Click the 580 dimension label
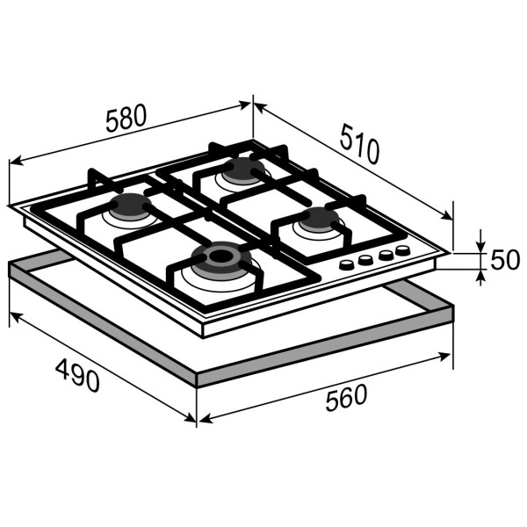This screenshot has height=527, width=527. pos(126,118)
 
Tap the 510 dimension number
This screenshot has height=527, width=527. pos(359,143)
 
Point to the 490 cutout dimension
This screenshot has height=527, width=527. pos(77,375)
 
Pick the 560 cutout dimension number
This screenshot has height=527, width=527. pos(346,398)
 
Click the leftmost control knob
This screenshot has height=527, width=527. pos(347,264)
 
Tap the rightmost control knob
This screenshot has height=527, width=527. pos(403,250)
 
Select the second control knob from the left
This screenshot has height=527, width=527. pos(365,259)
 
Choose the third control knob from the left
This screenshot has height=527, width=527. pos(386,255)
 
